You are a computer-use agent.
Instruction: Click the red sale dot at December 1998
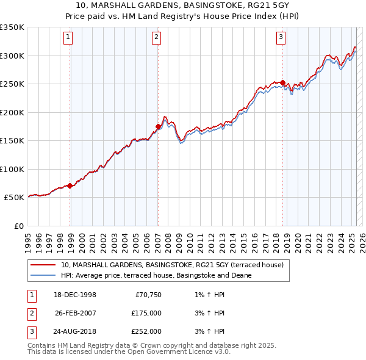70,185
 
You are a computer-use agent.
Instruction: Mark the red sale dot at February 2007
158,127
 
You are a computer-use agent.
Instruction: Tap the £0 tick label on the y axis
18,226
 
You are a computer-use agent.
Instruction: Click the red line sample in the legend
43,265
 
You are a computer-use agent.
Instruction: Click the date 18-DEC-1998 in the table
75,295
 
